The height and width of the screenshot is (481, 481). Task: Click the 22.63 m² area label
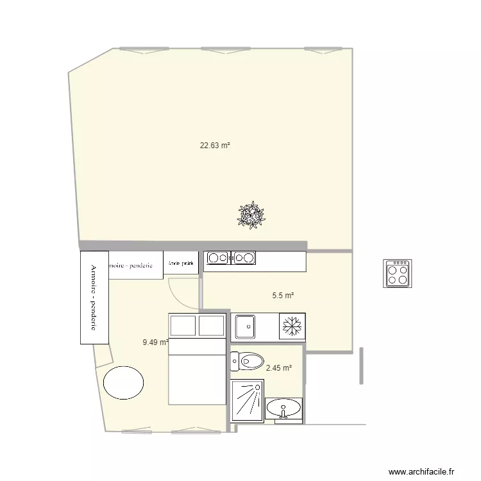(215, 146)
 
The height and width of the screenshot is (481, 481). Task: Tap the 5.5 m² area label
(283, 296)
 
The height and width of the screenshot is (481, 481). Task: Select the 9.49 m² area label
(155, 342)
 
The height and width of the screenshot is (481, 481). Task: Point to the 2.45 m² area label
(279, 368)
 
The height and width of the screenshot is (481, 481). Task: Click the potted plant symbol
(251, 215)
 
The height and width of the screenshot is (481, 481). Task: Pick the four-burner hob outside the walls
(398, 273)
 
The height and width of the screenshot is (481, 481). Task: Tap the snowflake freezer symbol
(292, 326)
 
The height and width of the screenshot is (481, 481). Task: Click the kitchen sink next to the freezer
(245, 326)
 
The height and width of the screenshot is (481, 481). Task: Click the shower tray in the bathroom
(247, 400)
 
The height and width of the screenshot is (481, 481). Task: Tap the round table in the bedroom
(123, 383)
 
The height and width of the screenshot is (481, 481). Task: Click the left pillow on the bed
(183, 325)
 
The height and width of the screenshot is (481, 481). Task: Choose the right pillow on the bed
(212, 325)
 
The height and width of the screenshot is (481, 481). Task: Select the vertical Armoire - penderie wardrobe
(94, 297)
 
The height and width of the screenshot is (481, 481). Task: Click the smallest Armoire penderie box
(181, 262)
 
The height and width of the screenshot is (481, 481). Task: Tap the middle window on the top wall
(221, 49)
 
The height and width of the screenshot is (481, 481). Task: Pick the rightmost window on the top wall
(323, 49)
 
